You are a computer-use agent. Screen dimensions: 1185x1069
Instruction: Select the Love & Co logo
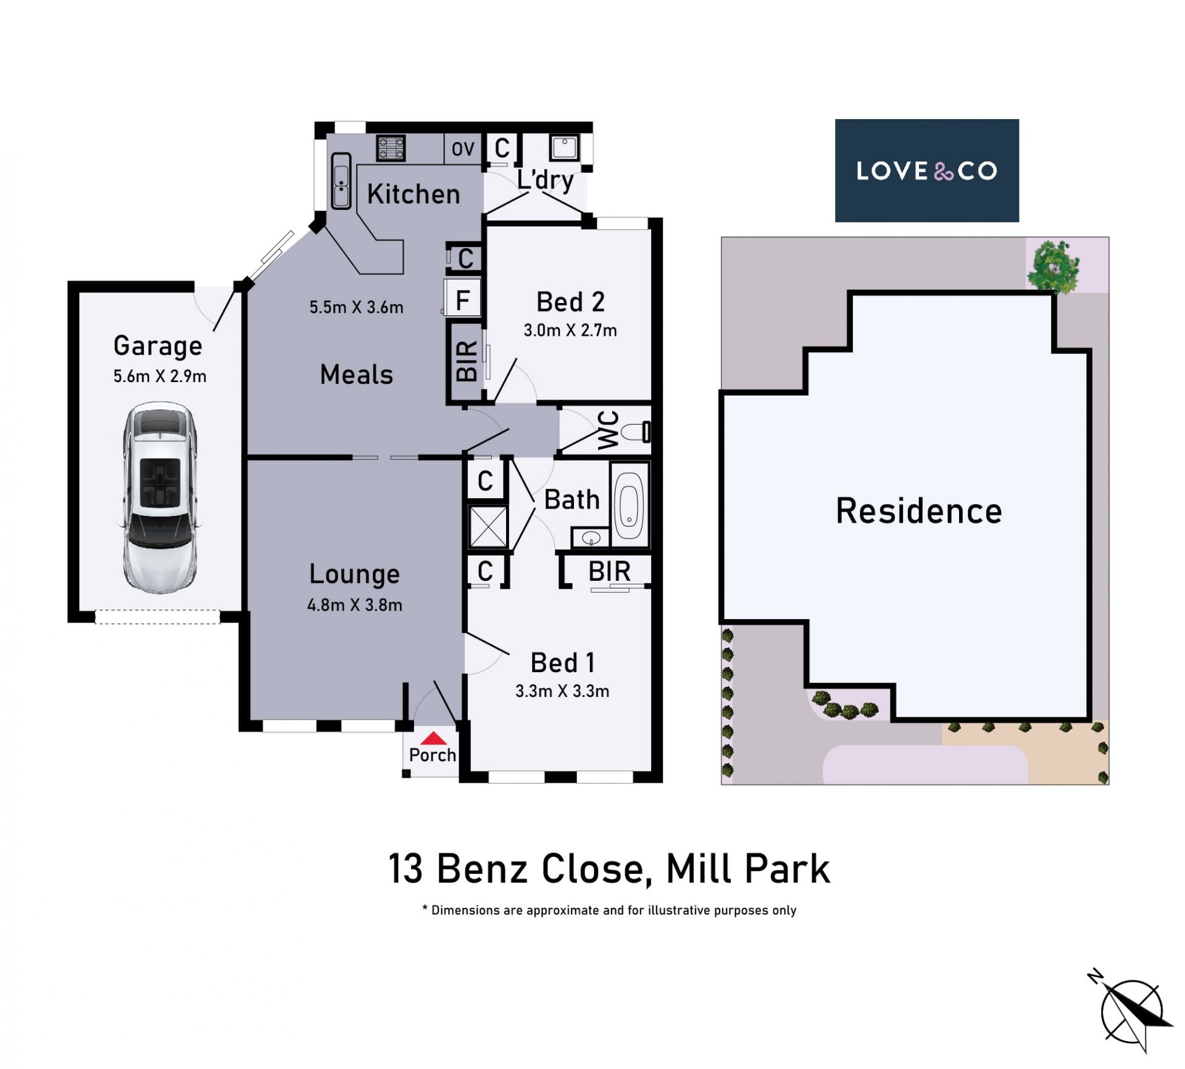[926, 170]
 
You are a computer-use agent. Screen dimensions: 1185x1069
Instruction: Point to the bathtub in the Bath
[629, 504]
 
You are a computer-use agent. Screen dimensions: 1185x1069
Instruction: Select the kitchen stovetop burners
[391, 148]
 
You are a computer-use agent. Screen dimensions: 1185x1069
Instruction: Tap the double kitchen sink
[341, 181]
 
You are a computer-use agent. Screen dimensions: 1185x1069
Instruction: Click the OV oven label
[463, 149]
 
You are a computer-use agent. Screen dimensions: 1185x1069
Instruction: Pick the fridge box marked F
[462, 298]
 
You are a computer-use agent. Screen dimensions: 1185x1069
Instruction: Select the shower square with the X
[488, 526]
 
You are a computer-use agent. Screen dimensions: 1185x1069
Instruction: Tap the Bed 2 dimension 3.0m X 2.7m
[570, 330]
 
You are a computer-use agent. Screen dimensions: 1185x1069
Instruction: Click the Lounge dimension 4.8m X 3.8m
[355, 605]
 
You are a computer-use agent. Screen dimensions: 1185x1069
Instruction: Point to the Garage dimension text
[160, 376]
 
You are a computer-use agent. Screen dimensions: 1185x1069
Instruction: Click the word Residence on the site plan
[919, 511]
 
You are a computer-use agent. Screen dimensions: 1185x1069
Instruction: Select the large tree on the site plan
[1054, 265]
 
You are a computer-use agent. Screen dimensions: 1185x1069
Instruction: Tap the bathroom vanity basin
[591, 538]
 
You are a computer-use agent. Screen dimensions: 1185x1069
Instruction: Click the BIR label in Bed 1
[609, 572]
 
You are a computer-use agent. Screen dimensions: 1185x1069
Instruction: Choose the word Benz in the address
[483, 868]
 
